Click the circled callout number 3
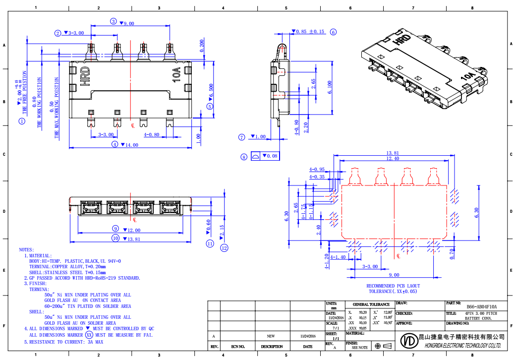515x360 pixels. (113, 21)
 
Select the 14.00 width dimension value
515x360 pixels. (131, 145)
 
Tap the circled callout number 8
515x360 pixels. (243, 157)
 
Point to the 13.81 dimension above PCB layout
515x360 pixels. (393, 153)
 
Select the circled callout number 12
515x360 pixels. (224, 248)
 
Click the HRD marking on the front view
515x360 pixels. (85, 77)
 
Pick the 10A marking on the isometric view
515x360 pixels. (468, 77)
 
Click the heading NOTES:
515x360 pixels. (26, 249)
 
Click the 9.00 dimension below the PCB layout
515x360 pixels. (394, 275)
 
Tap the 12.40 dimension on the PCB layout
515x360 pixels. (393, 159)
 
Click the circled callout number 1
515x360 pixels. (22, 120)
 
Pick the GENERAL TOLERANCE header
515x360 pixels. (371, 304)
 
